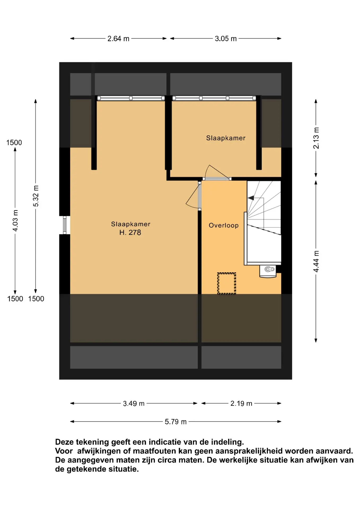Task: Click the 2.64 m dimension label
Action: point(118,39)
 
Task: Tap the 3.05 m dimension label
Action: point(226,39)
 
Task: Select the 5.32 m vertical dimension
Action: point(36,196)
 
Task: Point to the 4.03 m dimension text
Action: point(15,221)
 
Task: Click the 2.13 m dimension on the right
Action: point(316,138)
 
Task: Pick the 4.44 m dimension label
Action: point(316,261)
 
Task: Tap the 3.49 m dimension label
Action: point(134,403)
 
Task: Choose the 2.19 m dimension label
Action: point(241,403)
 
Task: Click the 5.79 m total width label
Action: point(175,422)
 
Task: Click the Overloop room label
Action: point(223,225)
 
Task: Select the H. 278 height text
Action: point(130,232)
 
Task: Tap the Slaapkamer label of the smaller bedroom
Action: point(226,138)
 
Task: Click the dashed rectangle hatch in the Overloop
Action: point(227,283)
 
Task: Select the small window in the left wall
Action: point(65,225)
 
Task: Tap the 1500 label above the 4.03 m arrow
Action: point(14,143)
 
